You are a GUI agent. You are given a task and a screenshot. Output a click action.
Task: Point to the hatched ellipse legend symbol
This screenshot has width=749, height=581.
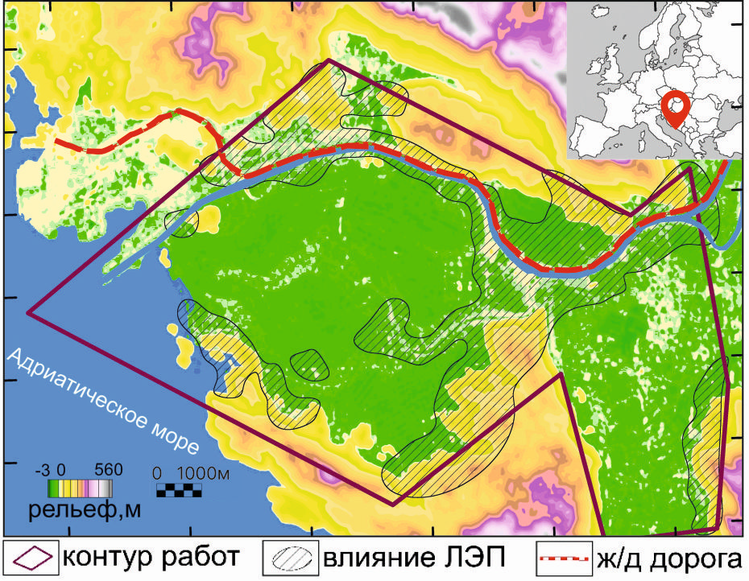296,557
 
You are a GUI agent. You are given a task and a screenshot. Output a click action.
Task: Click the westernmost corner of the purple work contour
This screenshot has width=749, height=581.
29,312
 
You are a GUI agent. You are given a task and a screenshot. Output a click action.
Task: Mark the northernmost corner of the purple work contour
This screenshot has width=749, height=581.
329,60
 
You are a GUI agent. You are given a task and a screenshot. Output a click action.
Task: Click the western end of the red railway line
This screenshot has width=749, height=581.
56,140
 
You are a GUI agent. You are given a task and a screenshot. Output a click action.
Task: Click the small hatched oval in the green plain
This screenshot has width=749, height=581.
309,364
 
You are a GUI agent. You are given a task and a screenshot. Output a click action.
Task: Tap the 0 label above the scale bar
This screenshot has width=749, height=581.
158,474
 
